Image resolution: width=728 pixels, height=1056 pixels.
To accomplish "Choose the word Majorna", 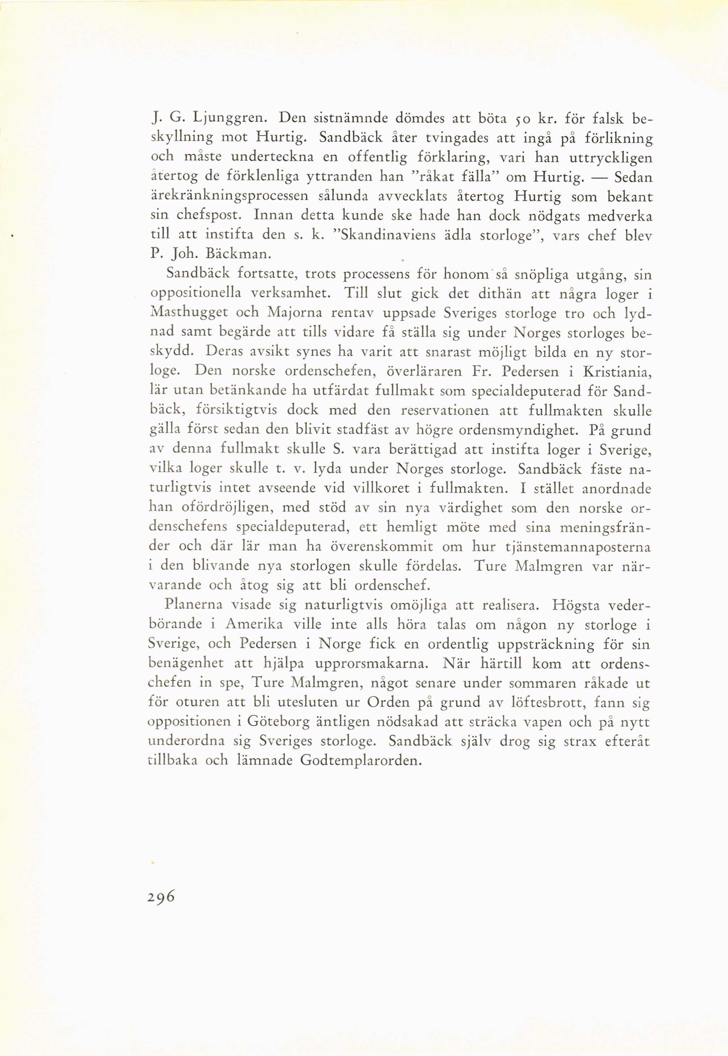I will point(295,313).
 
